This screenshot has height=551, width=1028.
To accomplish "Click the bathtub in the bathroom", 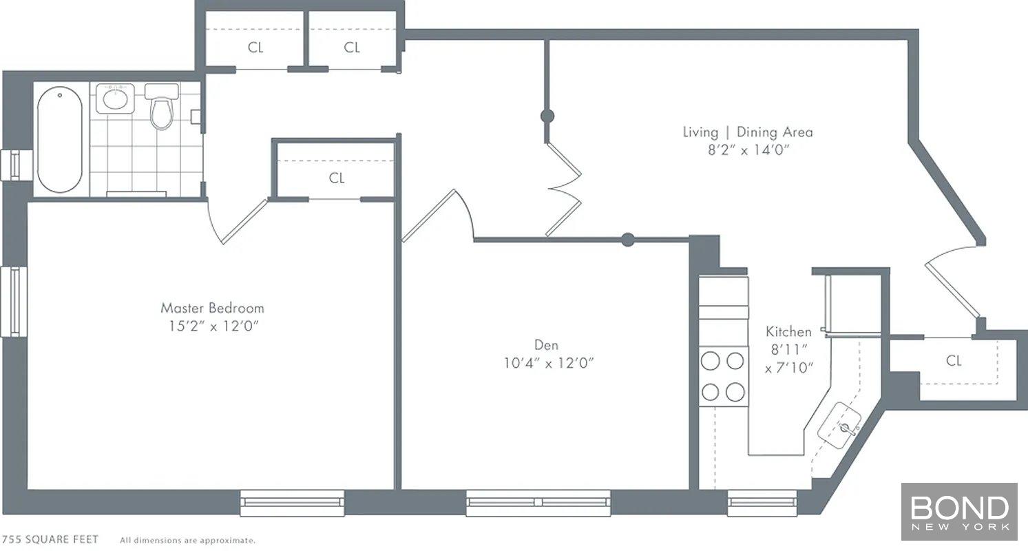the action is coord(60,140).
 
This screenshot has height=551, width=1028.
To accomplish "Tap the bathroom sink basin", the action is coord(115,99).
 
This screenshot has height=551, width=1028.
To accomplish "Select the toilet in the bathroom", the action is coord(162,107).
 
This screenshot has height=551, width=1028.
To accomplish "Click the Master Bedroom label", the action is coord(212,308).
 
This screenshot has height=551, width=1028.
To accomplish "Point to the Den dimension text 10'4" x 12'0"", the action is coord(548,363).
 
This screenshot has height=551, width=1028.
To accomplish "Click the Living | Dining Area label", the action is coord(748,132).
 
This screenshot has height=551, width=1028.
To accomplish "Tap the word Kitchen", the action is coord(788,331).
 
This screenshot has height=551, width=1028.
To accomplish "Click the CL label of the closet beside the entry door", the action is coord(953,361).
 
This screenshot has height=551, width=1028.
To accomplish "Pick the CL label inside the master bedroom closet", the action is coord(337,178).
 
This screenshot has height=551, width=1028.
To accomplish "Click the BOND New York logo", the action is coord(959,512).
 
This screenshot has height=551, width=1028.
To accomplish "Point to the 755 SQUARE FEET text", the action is coord(50,539).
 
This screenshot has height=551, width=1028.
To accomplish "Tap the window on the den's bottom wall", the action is coord(538,503).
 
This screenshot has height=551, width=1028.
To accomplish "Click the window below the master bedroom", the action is coord(293,503).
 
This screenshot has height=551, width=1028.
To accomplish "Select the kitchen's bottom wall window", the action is coord(762,503).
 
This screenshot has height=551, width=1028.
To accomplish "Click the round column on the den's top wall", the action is coord(627,239).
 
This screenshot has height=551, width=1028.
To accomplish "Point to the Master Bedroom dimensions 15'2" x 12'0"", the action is coord(213,326).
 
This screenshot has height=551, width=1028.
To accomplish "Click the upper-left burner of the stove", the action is coord(711,361).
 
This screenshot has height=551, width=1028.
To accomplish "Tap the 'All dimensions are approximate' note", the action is coord(188,541).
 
